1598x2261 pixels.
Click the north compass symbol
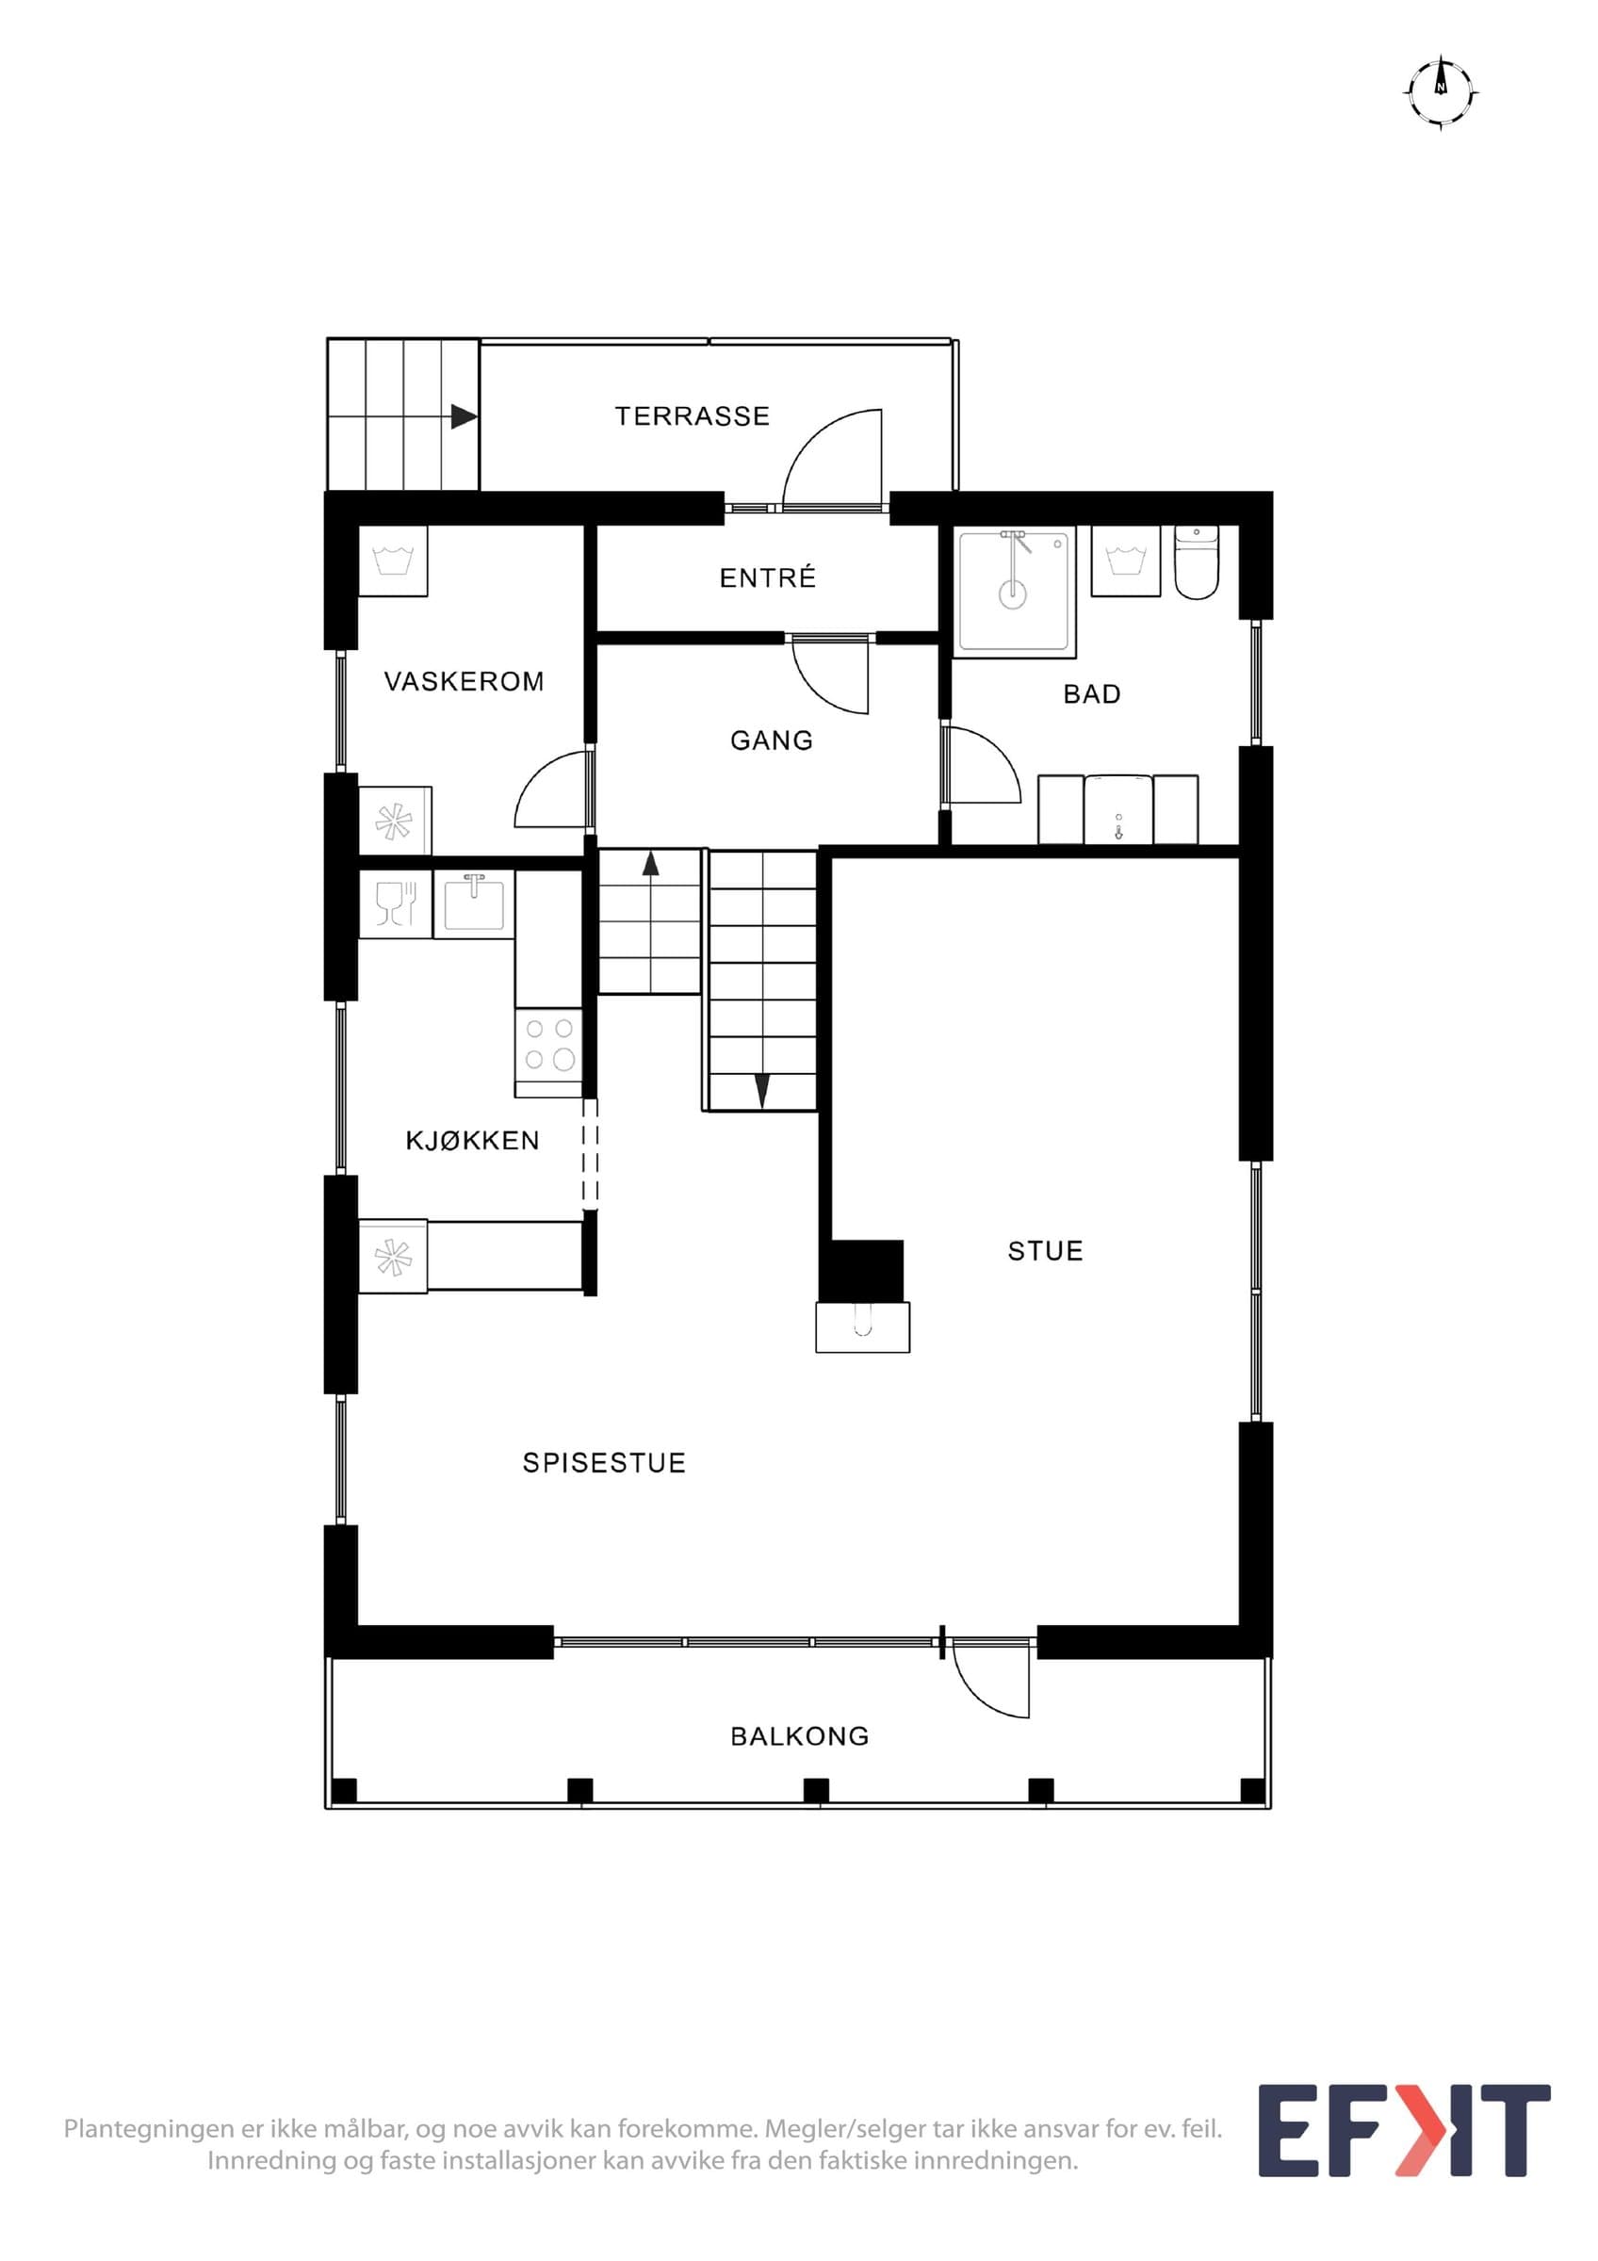[x=1441, y=92]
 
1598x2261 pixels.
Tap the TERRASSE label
[x=693, y=416]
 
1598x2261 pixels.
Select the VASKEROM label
[x=464, y=681]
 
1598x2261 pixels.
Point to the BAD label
[x=1092, y=694]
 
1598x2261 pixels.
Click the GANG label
[x=772, y=740]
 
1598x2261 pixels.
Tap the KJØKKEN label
[x=473, y=1140]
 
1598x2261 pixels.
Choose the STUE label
[x=1046, y=1251]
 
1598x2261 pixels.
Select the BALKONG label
[x=800, y=1736]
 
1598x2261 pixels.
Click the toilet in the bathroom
[x=1197, y=562]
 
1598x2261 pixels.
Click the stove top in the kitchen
[x=549, y=1051]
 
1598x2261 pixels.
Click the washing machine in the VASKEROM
[x=393, y=561]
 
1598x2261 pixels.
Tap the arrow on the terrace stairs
[x=464, y=416]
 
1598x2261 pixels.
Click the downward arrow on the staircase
[x=762, y=1090]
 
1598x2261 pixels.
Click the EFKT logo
[x=1404, y=2144]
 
